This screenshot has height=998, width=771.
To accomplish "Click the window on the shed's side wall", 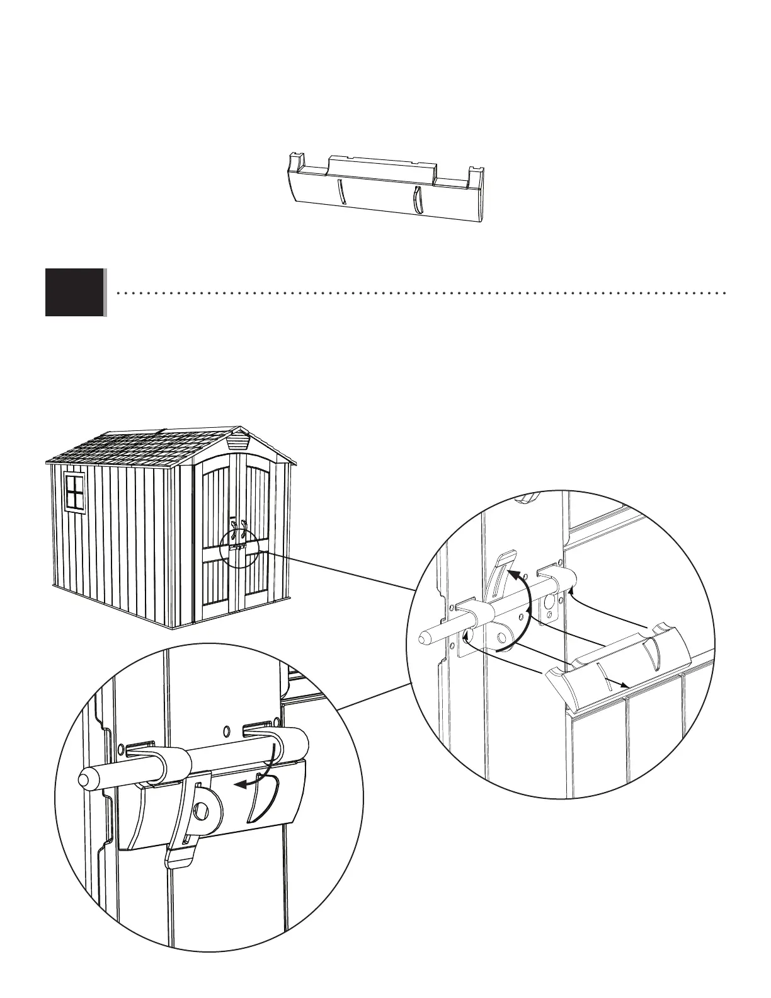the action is coord(74,491).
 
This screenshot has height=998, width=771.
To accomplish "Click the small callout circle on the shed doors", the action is coord(239,548).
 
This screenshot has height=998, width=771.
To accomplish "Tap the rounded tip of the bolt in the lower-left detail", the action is coord(83,779).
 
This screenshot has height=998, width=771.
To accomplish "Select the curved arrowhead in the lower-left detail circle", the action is coord(238,784).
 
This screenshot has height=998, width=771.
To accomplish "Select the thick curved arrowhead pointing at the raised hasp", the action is coord(513,574).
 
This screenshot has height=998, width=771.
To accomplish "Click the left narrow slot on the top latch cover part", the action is coord(340,190).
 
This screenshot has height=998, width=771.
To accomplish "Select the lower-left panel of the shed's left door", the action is coord(215,588).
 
